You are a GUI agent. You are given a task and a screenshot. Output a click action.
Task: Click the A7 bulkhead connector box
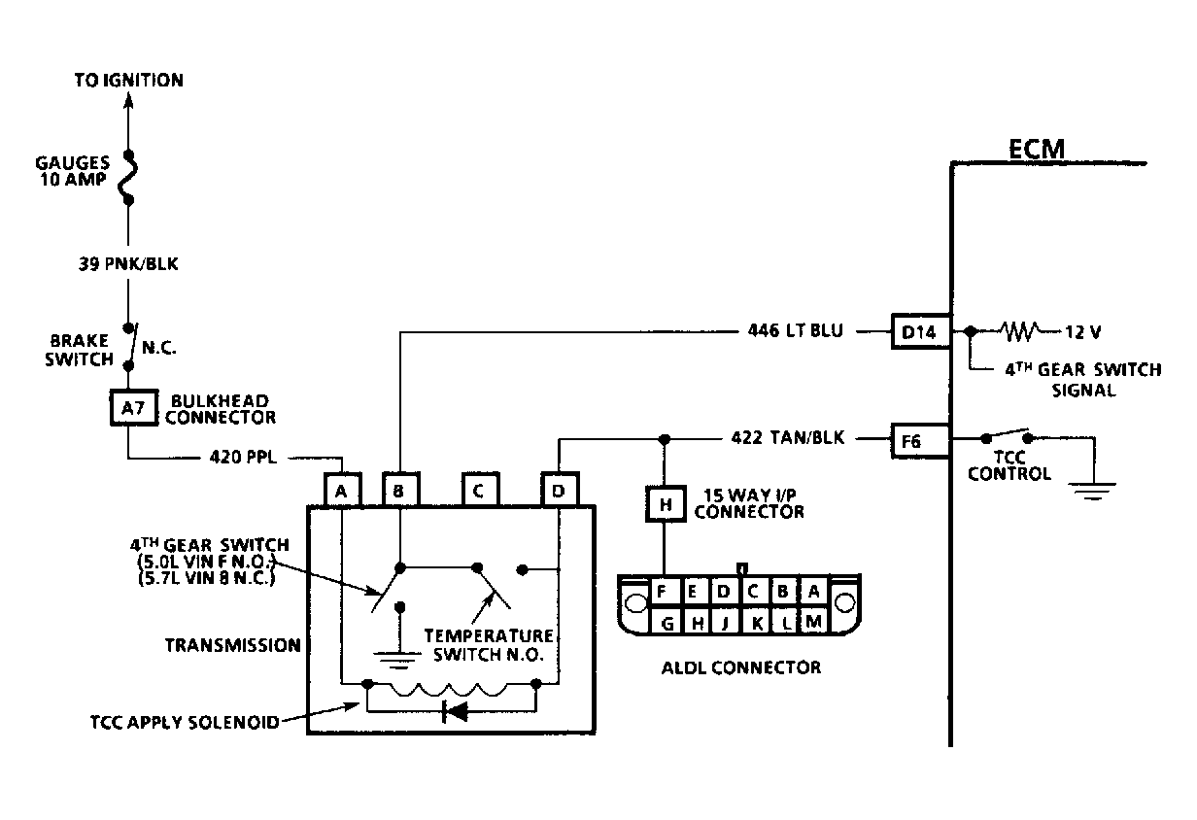coord(134,408)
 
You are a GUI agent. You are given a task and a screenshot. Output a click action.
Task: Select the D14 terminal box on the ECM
coord(921,331)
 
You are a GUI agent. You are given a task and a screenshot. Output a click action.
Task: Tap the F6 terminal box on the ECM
coord(920,441)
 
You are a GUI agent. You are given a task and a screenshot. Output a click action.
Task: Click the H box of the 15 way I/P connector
coord(666,503)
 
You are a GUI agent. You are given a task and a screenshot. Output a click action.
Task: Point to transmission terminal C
coord(480,490)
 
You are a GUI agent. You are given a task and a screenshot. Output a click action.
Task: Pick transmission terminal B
coord(400,490)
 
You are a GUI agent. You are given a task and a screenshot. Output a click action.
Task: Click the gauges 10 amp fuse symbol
coord(128,178)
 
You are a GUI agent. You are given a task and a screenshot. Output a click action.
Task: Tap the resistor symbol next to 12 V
coord(1020,331)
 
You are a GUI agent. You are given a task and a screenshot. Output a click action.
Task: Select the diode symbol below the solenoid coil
coord(455,711)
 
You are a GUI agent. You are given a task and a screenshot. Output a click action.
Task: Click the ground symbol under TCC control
coord(1093,491)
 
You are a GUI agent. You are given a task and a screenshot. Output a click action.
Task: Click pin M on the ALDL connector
coord(813,622)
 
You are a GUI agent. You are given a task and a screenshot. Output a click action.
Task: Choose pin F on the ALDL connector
coord(662,592)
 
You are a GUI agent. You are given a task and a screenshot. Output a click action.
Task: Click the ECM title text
coord(1036,149)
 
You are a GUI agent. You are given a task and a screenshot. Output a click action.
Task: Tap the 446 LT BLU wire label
coord(795,330)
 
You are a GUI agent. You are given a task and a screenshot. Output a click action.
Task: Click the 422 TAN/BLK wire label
coord(788,437)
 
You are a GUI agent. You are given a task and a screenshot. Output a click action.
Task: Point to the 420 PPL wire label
coord(243,458)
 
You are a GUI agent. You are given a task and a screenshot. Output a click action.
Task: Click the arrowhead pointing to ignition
coord(128,100)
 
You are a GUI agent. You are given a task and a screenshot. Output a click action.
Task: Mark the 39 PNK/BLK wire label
coord(128,264)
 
